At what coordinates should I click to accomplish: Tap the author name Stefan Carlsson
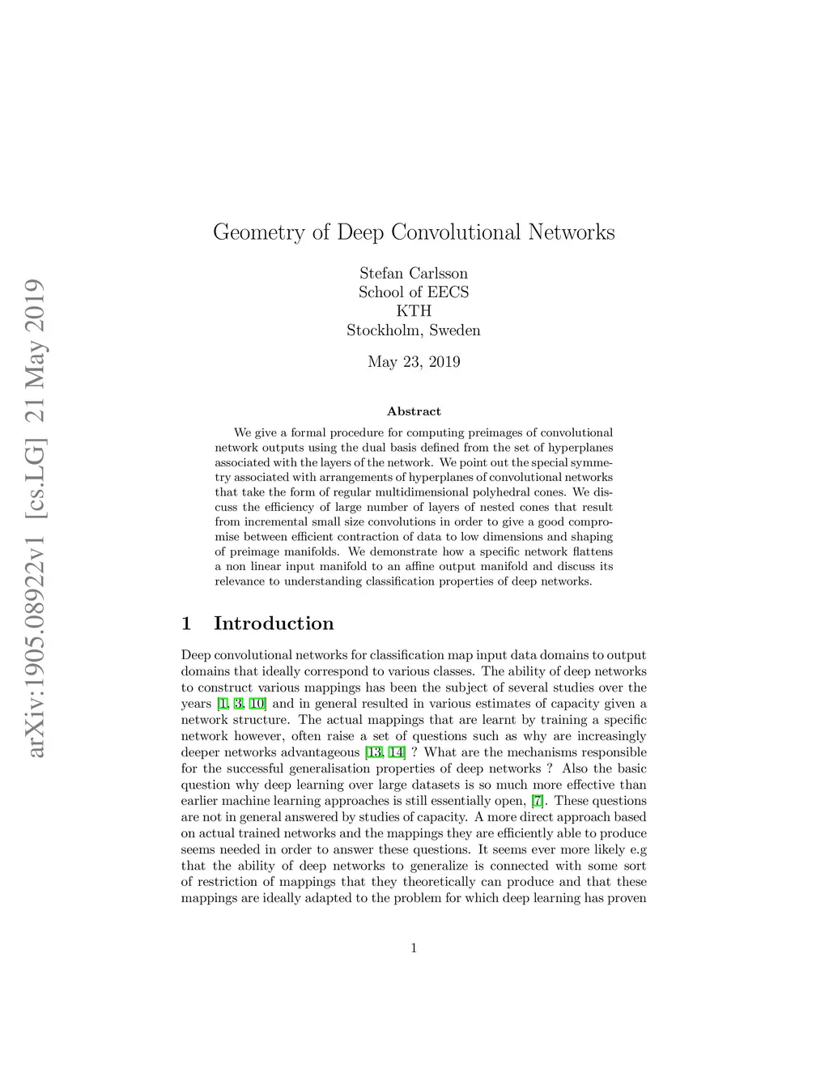pyautogui.click(x=414, y=273)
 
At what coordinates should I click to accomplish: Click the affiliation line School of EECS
pyautogui.click(x=414, y=292)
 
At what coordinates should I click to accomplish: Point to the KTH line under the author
pyautogui.click(x=414, y=311)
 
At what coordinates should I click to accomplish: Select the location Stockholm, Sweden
pyautogui.click(x=414, y=330)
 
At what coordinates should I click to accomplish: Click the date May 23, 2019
pyautogui.click(x=414, y=362)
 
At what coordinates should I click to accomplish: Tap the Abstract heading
pyautogui.click(x=414, y=411)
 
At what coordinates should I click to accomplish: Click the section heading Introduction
pyautogui.click(x=274, y=624)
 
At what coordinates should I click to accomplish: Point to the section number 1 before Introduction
pyautogui.click(x=186, y=624)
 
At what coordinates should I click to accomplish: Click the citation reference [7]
pyautogui.click(x=538, y=801)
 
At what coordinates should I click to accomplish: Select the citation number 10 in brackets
pyautogui.click(x=257, y=704)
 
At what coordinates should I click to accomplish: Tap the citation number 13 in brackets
pyautogui.click(x=374, y=752)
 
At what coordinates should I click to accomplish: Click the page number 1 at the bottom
pyautogui.click(x=414, y=948)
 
